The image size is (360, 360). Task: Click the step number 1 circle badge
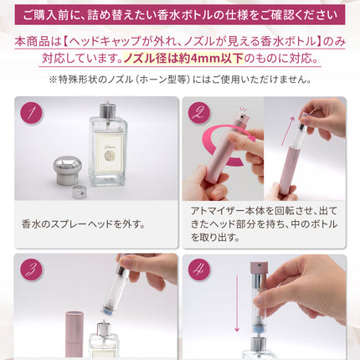tap(31, 113)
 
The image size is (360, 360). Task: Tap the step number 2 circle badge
tap(199, 113)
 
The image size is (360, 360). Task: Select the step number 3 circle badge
tap(31, 270)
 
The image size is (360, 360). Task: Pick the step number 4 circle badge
tap(199, 270)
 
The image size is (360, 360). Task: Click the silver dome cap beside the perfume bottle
tap(68, 170)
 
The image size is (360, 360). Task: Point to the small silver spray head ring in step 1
tap(80, 193)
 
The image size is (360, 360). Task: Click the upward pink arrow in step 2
tap(287, 131)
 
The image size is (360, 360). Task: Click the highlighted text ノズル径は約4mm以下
tap(183, 59)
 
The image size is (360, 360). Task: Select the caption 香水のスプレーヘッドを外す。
tap(84, 224)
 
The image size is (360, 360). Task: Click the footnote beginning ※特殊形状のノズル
tap(180, 80)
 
